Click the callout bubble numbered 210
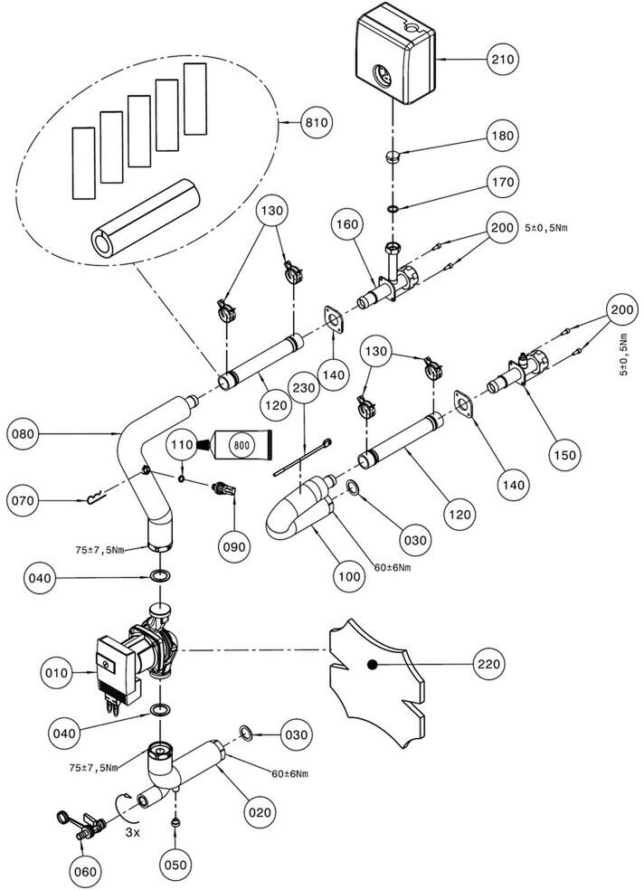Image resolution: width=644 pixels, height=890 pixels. point(504,60)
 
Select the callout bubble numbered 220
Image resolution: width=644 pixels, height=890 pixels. point(489,664)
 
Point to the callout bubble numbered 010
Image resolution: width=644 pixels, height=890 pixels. point(26,672)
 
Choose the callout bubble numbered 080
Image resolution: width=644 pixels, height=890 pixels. point(26,434)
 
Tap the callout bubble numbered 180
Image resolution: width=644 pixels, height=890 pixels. point(504,136)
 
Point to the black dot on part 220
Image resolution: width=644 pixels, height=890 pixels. point(372,665)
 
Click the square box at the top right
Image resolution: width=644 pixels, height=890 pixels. point(395,52)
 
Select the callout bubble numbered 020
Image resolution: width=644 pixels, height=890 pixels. point(260,812)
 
